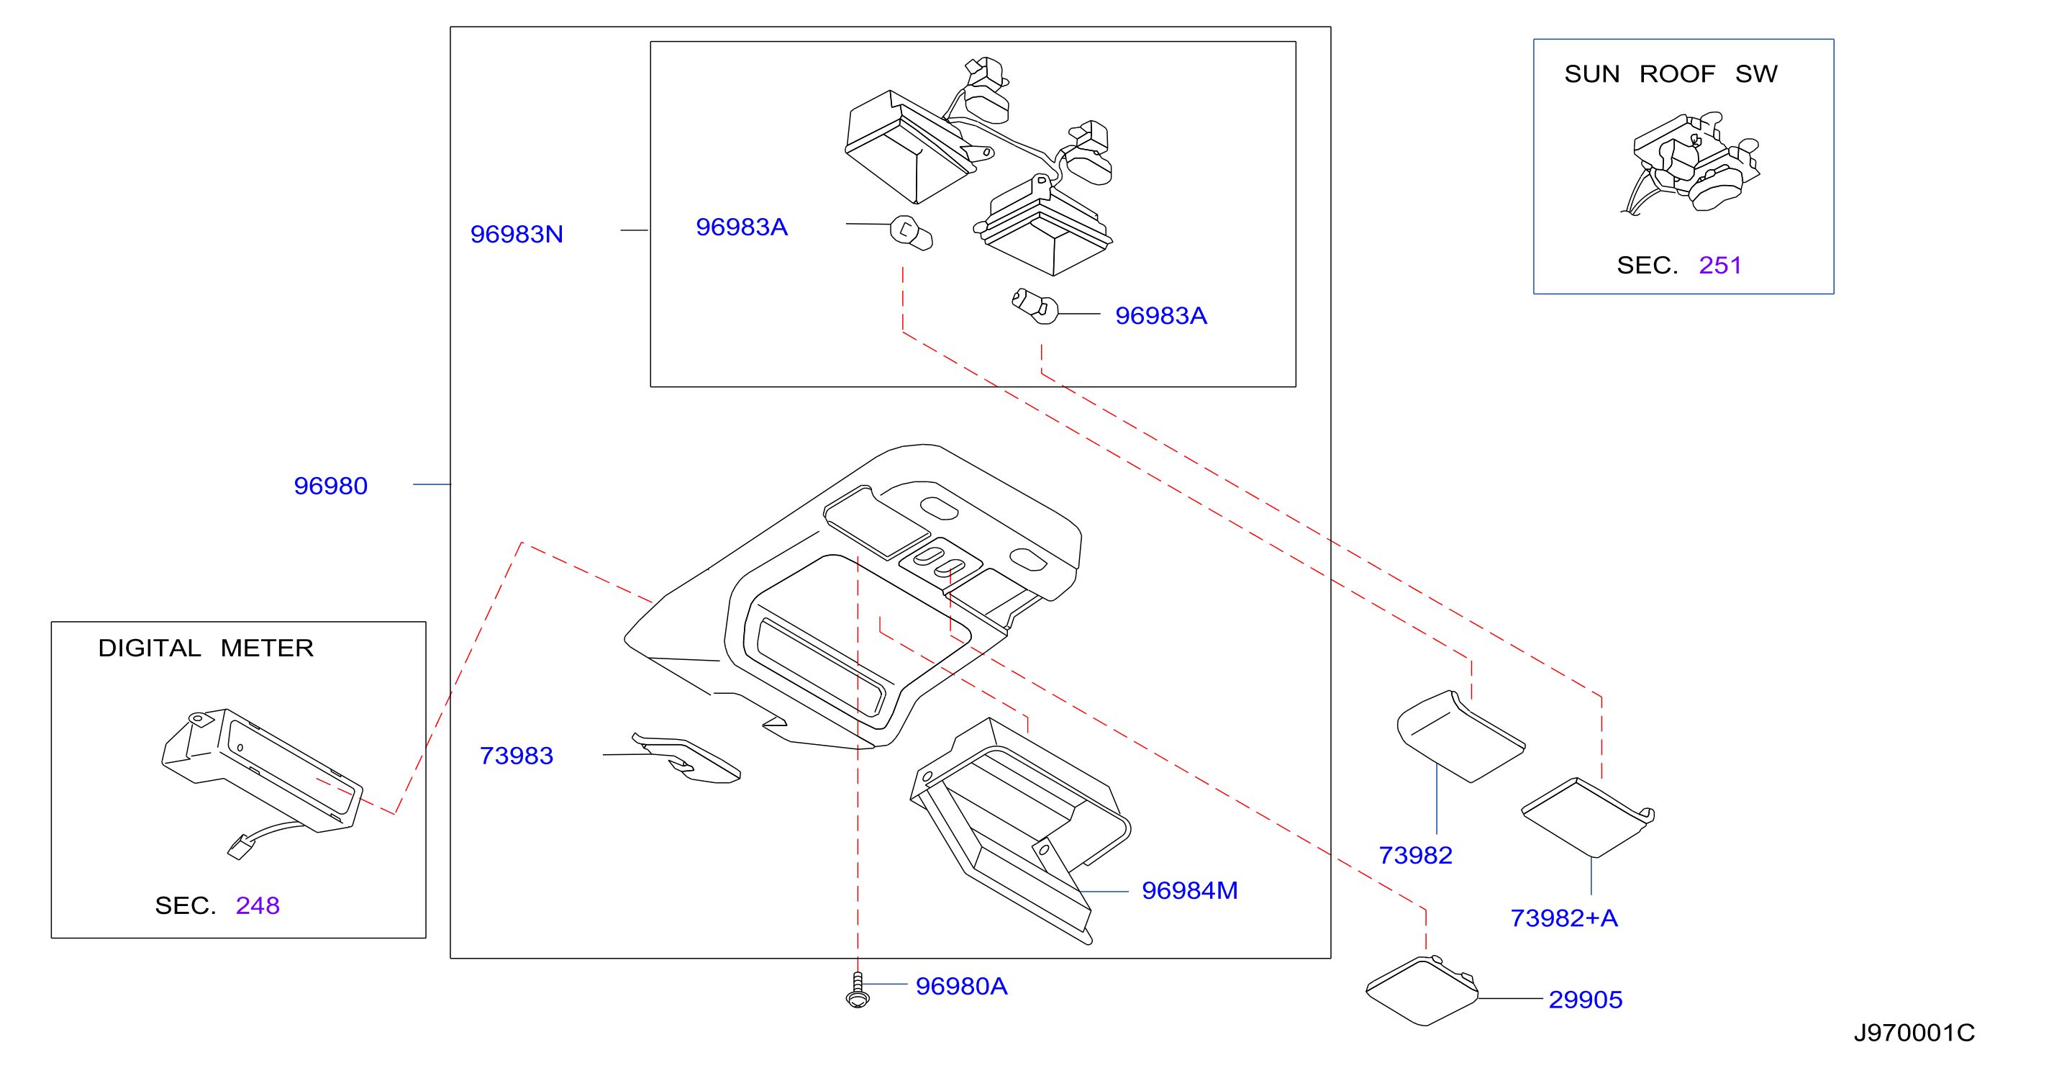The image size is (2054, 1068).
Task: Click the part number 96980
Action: click(330, 486)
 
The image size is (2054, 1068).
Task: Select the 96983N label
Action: click(517, 234)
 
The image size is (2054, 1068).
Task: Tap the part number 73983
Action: click(516, 756)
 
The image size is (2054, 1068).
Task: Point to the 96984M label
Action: click(1190, 890)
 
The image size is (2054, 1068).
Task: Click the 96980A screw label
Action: click(961, 986)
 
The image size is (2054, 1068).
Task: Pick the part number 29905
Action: click(1585, 1000)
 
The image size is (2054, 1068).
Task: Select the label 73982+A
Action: click(1563, 918)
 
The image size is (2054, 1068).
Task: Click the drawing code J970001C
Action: click(1914, 1033)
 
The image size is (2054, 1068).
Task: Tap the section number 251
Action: click(1720, 265)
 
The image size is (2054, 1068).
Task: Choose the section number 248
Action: click(258, 905)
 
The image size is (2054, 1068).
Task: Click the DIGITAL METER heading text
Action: click(206, 648)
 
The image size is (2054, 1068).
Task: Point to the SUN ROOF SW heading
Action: click(1671, 73)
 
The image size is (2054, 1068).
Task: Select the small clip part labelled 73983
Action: click(686, 758)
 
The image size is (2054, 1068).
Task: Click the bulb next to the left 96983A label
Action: click(911, 232)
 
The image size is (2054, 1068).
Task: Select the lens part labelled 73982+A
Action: click(1588, 817)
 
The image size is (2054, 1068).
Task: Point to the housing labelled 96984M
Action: click(1021, 831)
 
